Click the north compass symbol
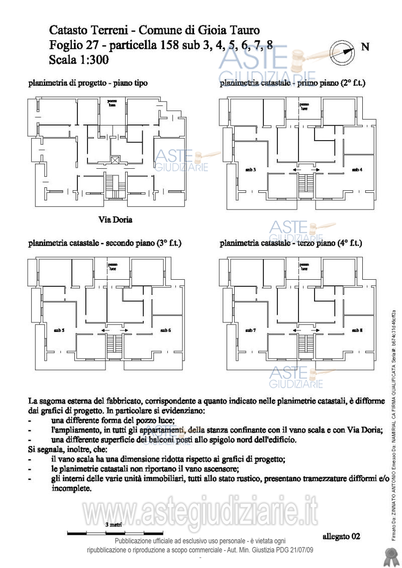point(342,50)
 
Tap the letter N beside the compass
point(366,47)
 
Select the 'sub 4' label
point(357,170)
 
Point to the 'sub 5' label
point(59,330)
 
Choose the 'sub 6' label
point(165,330)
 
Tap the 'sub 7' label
point(251,330)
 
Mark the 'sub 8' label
point(357,330)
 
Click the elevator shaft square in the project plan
point(116,161)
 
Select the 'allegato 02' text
point(341,536)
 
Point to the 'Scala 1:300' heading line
point(79,60)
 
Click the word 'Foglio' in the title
point(66,45)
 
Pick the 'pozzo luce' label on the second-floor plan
point(113,267)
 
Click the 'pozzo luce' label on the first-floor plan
point(304,106)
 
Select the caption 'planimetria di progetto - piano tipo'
point(88,83)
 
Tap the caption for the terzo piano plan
point(290,243)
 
